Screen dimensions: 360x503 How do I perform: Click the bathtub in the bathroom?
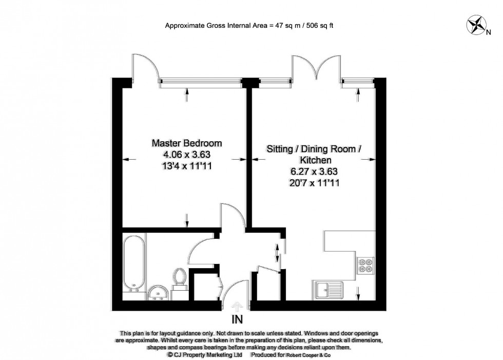pos(133,261)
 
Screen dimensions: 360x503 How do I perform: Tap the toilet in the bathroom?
pos(179,278)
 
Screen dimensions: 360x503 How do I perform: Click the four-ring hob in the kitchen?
pos(366,264)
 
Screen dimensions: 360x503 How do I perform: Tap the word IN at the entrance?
pos(237,319)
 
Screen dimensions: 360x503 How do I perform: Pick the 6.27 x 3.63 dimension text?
pos(315,172)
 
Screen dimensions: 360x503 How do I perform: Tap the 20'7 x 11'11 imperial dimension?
pos(315,182)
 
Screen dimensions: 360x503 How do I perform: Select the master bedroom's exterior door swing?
pos(145,67)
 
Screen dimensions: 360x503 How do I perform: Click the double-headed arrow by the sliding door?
pos(278,253)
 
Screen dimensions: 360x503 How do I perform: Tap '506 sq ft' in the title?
pos(319,25)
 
